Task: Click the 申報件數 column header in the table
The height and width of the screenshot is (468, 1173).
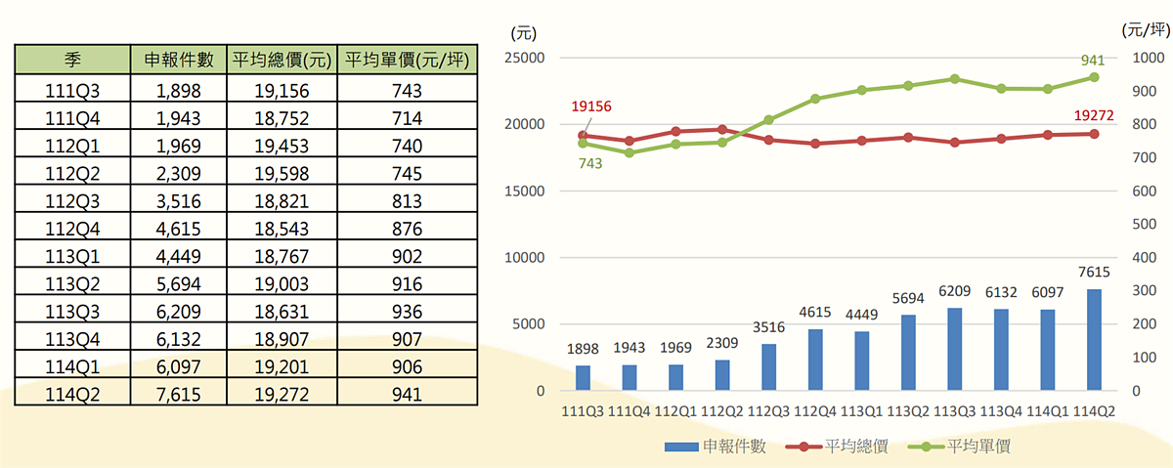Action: (179, 61)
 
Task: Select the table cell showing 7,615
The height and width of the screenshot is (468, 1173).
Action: (179, 395)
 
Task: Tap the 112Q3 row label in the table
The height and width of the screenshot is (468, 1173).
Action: (72, 201)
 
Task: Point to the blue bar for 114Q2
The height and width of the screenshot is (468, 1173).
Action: (1094, 340)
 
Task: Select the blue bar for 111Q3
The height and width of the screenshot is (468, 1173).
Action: (583, 378)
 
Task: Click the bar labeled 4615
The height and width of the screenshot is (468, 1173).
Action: (815, 360)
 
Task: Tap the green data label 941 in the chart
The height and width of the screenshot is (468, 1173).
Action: (1093, 61)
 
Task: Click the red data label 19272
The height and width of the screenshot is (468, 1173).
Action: (1094, 115)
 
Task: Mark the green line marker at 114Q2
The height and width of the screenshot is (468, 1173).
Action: (1094, 77)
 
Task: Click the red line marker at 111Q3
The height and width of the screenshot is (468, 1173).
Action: (583, 136)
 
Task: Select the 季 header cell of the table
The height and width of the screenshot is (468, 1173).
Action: (72, 61)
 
